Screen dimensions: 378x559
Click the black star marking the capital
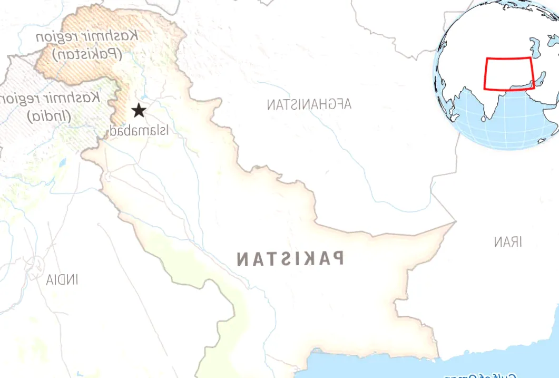click(139, 110)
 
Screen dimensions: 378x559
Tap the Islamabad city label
click(139, 130)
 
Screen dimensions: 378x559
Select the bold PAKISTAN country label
click(290, 259)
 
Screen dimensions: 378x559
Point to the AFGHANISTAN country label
click(309, 104)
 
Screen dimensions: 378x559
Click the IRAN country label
click(508, 242)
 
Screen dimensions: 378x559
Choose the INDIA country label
click(62, 279)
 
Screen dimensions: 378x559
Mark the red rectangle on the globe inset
click(509, 74)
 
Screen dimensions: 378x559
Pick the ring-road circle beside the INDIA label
click(36, 266)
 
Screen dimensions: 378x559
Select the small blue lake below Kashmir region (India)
click(63, 161)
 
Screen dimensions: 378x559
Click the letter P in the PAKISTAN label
click(337, 258)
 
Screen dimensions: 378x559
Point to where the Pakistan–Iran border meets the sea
click(438, 357)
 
